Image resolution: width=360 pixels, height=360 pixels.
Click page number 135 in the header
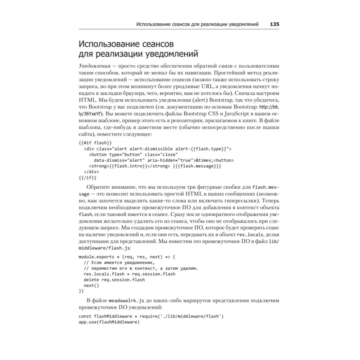(275, 24)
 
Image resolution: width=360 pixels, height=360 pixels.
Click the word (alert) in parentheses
(202, 100)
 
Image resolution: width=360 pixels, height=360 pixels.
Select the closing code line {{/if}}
(87, 177)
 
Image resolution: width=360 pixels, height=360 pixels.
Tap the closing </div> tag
(94, 171)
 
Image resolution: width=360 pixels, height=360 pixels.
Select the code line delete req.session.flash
(114, 280)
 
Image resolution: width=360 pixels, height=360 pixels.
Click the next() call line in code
(91, 285)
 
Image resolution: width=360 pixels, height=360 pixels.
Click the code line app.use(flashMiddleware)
(109, 322)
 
